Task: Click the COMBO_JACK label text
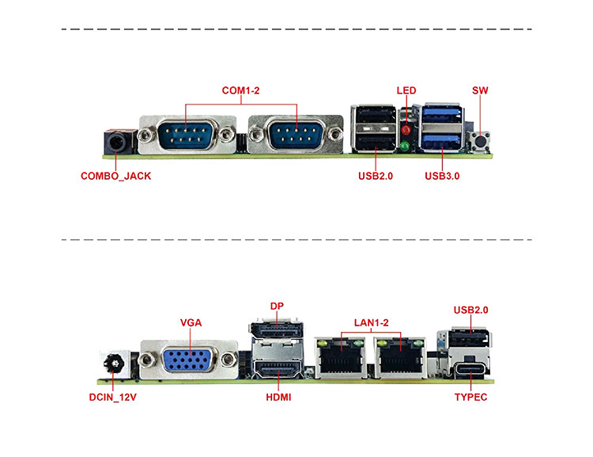pos(115,176)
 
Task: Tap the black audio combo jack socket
pos(117,143)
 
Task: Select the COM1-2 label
pos(240,90)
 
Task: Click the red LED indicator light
pos(406,131)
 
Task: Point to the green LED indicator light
pos(405,146)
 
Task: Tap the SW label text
pos(480,90)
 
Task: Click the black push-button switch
pos(480,141)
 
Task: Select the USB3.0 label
pos(442,176)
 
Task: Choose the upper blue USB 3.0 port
pos(443,114)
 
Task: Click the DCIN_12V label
pos(113,397)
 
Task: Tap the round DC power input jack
pos(114,364)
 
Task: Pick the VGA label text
pos(191,323)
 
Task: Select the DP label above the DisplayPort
pos(277,306)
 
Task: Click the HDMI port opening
pos(278,368)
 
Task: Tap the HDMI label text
pos(278,397)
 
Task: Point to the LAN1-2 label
pos(371,323)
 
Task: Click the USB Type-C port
pos(471,369)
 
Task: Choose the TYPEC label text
pos(471,397)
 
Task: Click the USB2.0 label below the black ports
pos(376,176)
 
